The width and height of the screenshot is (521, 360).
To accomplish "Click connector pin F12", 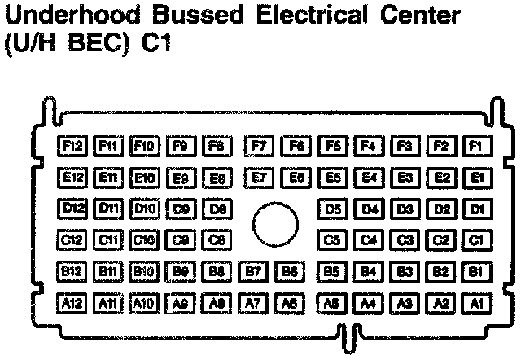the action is click(x=72, y=146).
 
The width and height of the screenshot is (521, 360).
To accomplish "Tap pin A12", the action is click(x=72, y=302).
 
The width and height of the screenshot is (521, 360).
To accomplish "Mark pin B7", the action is click(x=254, y=270).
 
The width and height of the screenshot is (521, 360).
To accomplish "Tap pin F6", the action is click(x=296, y=146).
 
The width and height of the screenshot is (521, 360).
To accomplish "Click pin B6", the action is click(x=289, y=270).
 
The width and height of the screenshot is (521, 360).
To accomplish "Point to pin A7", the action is click(x=254, y=302).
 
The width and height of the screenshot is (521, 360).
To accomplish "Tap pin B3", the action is click(x=404, y=270).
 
